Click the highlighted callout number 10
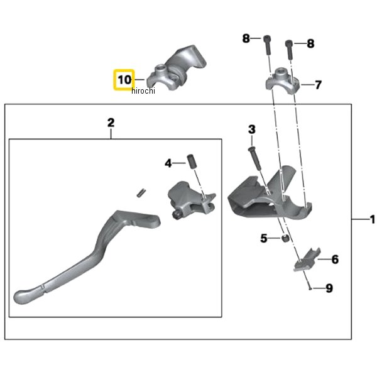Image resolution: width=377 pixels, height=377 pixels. [x=124, y=80]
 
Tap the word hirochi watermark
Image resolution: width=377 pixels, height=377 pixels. [x=143, y=91]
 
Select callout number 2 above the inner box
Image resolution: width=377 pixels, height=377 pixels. [x=111, y=123]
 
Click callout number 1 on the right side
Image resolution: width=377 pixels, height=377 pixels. [x=371, y=220]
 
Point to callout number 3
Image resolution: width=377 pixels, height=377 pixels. [x=251, y=129]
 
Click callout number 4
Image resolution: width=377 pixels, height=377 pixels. [x=168, y=163]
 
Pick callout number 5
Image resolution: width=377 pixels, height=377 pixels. [x=264, y=238]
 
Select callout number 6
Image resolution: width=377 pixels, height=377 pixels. [x=335, y=259]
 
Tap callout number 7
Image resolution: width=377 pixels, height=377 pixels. [x=318, y=84]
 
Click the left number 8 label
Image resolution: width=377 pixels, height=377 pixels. [x=246, y=39]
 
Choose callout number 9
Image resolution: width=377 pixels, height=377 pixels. [x=329, y=288]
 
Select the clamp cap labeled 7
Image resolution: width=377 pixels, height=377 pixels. [x=282, y=80]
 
